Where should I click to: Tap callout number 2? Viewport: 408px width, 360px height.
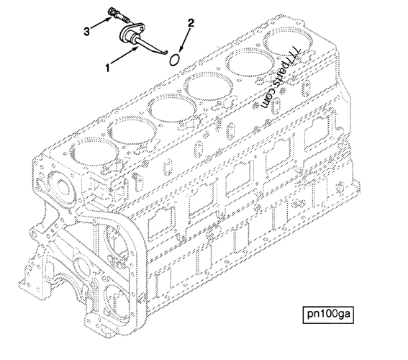[191, 24]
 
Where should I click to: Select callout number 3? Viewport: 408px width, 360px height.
[88, 30]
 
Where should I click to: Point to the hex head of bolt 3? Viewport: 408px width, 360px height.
[110, 12]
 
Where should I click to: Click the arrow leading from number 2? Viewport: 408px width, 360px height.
[183, 40]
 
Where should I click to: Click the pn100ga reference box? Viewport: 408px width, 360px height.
[330, 314]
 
